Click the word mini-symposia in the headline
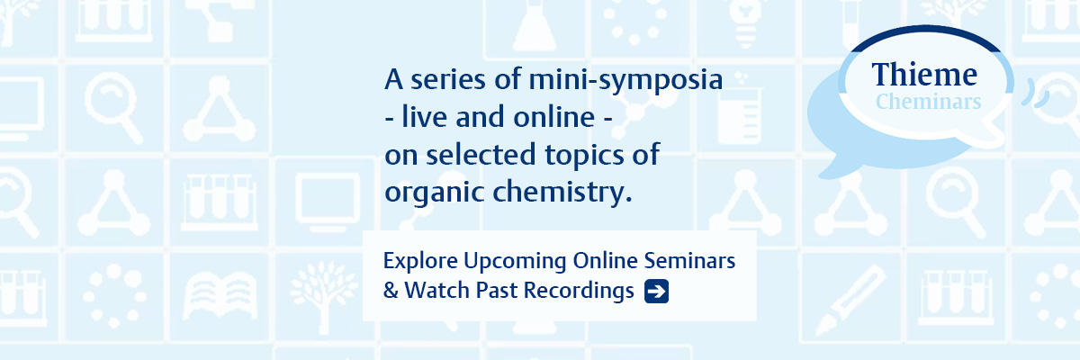point(625,80)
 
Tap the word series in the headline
point(447,79)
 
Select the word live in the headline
point(424,117)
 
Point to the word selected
point(481,154)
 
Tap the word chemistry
point(562,193)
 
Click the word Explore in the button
point(420,262)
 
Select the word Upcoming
point(515,262)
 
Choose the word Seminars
point(689,261)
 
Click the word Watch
point(436,291)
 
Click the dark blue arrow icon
point(656,291)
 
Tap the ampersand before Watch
point(391,291)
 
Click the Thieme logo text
point(924,75)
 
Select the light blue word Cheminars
point(928,102)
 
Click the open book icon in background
point(220,295)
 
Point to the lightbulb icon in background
point(745,22)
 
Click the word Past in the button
point(497,291)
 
